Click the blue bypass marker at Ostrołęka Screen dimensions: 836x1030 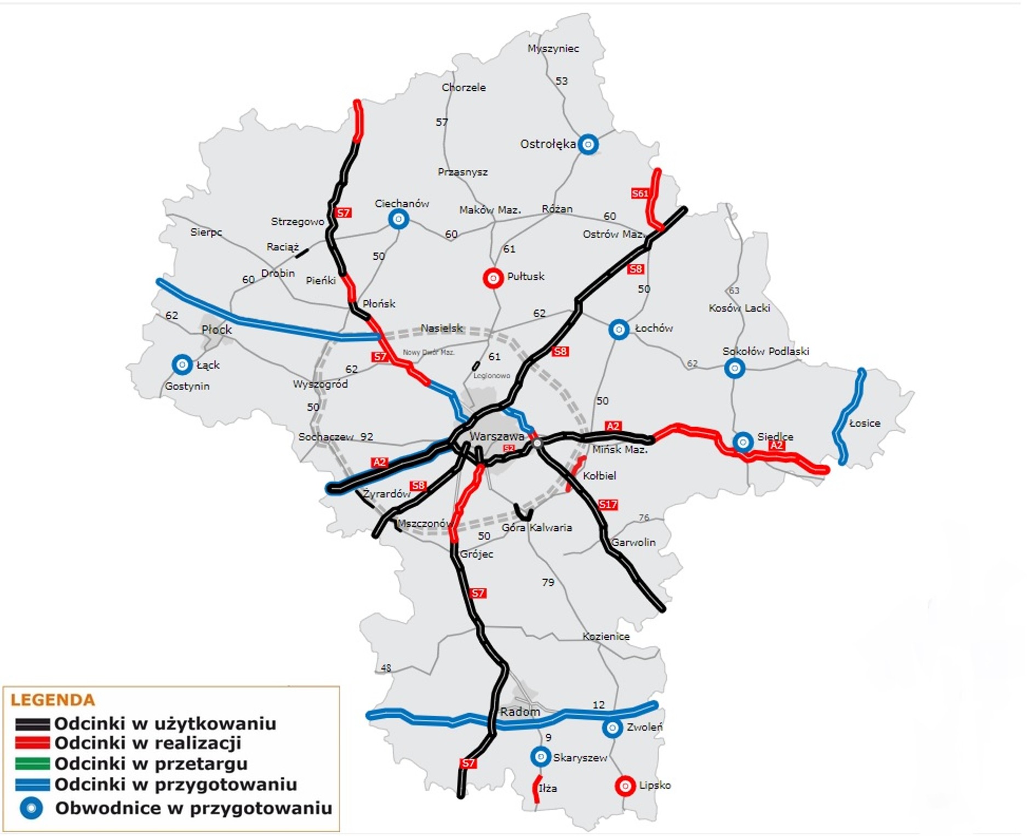588,144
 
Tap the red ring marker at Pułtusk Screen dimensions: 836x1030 493,278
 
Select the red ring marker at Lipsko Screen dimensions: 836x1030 625,786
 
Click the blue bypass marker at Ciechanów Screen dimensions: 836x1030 398,219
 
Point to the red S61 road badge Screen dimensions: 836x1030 639,193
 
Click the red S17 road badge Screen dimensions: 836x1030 608,505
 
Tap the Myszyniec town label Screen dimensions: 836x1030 553,48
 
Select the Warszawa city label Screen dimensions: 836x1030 497,437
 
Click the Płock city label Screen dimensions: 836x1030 217,330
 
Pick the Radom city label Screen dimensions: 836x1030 520,712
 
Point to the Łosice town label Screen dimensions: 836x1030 865,423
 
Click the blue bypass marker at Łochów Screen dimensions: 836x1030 619,329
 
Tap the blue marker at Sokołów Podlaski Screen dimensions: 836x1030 735,368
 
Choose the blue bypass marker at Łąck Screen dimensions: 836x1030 182,364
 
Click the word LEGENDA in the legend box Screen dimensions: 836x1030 53,700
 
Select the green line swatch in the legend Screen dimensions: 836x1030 32,764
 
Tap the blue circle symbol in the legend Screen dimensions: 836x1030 31,808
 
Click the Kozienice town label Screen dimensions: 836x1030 606,637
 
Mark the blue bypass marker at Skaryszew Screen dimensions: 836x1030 540,757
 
